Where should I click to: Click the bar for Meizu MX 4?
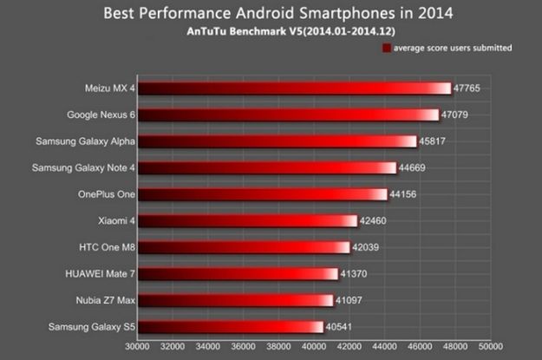[x=295, y=88]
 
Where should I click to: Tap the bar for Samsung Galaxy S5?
[x=231, y=327]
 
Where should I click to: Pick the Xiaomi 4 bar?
[x=248, y=221]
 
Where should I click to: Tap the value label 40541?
[x=342, y=327]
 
